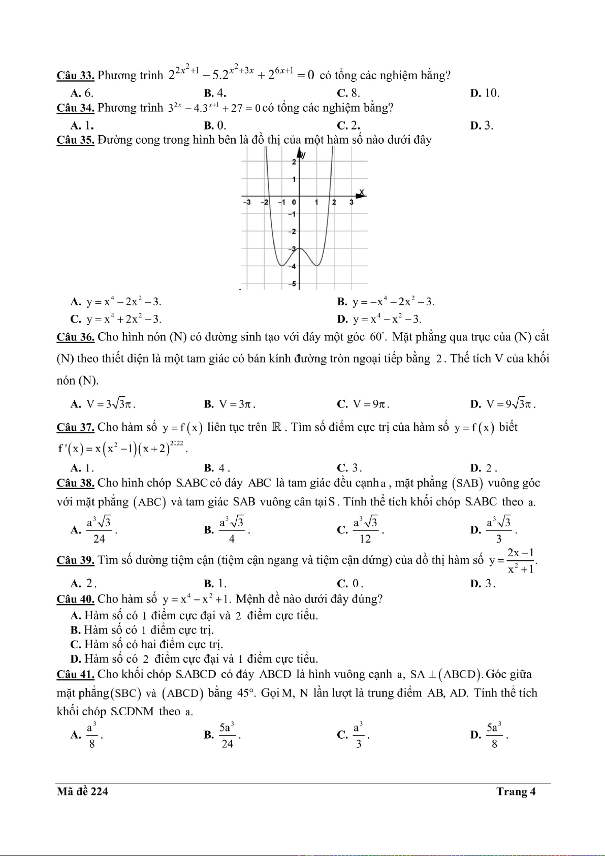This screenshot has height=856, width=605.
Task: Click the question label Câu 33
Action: [x=75, y=76]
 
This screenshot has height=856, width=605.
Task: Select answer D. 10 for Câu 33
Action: [x=485, y=93]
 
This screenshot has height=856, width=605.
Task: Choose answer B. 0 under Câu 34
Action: [x=215, y=125]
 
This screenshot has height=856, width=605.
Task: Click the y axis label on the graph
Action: [x=304, y=154]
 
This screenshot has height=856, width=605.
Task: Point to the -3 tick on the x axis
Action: [x=247, y=202]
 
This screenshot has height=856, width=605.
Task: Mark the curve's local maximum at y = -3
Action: [x=299, y=248]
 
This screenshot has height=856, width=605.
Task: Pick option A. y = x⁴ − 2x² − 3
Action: [x=116, y=302]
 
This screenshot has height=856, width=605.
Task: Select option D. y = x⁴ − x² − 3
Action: [x=379, y=319]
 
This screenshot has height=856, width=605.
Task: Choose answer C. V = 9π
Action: [x=364, y=404]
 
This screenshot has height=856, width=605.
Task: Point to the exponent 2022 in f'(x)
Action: [x=176, y=443]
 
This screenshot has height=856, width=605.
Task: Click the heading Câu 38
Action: [x=75, y=483]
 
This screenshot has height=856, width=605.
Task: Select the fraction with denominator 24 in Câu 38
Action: [x=99, y=530]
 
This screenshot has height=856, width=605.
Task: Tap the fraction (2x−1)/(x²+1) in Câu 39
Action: [x=521, y=561]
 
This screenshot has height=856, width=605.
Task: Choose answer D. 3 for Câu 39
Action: [x=483, y=583]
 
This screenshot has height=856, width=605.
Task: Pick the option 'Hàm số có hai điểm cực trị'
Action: [x=147, y=645]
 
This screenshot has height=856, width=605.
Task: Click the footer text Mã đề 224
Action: [x=82, y=791]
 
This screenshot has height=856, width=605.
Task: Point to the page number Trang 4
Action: [x=516, y=791]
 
